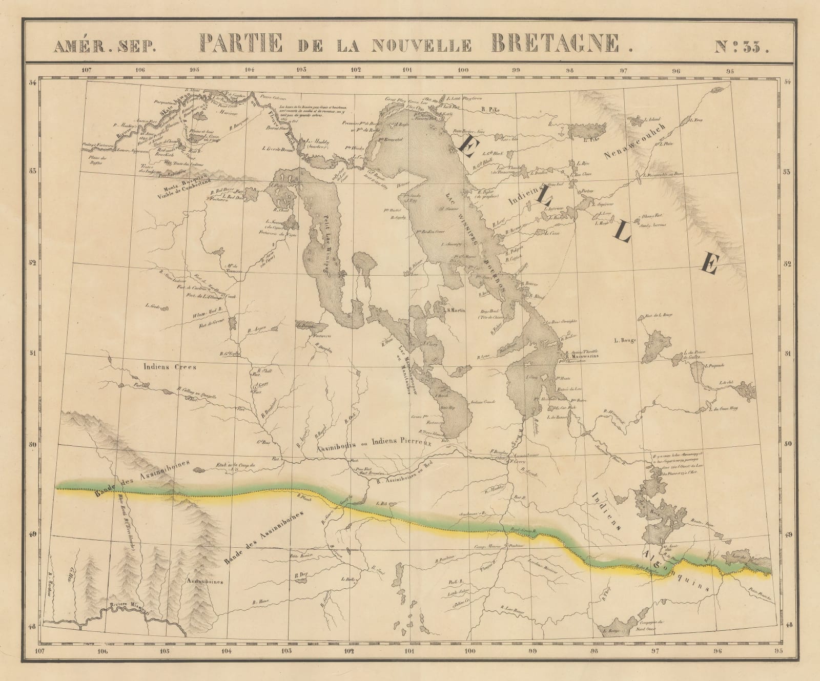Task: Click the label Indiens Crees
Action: (x=162, y=367)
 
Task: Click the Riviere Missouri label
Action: (x=131, y=608)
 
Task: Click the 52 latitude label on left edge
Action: (x=32, y=263)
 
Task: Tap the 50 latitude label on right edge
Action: (x=788, y=444)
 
